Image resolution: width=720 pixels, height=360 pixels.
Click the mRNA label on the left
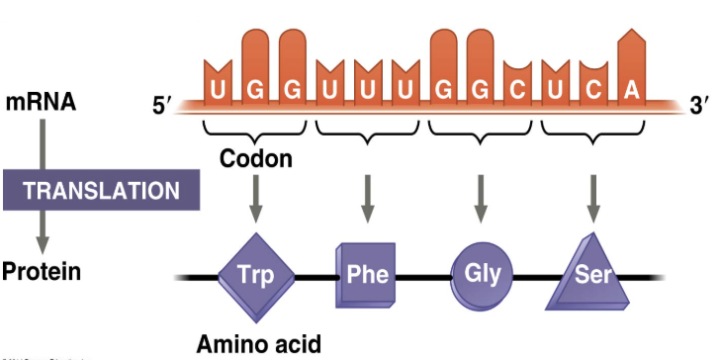[x=41, y=102]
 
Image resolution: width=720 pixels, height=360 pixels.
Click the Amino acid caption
[x=260, y=343]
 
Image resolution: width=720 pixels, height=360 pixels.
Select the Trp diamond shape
[x=256, y=274]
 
